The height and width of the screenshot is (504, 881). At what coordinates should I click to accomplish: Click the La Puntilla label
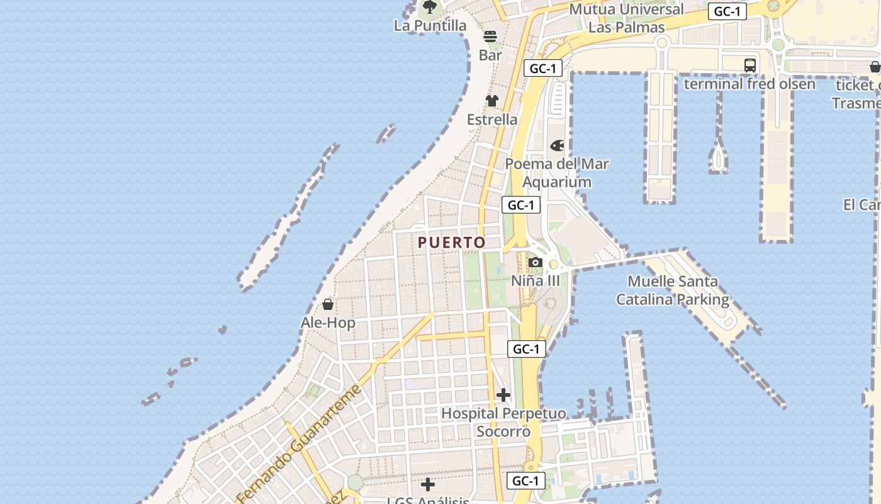tap(430, 26)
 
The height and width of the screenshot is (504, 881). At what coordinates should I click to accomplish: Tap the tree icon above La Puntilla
tap(430, 8)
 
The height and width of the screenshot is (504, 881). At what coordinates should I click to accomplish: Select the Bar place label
tap(490, 55)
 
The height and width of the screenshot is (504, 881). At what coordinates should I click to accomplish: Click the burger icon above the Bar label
tap(490, 37)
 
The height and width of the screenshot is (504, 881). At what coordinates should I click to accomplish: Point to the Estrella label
tap(492, 120)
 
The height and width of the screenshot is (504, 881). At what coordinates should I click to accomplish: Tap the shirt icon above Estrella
tap(492, 101)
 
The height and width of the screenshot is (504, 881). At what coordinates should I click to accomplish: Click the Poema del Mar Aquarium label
tap(557, 173)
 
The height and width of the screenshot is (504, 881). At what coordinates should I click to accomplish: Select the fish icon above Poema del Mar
tap(557, 146)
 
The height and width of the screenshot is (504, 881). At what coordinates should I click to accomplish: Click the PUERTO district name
tap(452, 243)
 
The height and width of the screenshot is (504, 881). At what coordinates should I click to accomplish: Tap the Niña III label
tap(535, 281)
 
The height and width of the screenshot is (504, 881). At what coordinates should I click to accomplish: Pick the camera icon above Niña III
tap(536, 262)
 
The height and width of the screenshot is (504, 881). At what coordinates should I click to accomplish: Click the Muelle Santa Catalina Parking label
tap(673, 290)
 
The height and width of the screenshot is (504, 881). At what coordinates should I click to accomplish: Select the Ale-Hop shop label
tap(328, 323)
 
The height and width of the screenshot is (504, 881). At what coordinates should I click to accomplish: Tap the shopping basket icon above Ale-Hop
tap(328, 305)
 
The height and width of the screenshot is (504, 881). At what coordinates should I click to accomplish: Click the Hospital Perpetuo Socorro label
tap(503, 423)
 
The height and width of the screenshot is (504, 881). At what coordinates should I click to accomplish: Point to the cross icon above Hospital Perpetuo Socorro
tap(503, 395)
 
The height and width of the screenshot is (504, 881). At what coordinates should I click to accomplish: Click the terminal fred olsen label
tap(749, 84)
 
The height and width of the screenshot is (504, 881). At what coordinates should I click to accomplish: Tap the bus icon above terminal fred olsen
tap(749, 65)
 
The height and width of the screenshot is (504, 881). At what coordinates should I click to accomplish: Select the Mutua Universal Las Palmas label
tap(626, 18)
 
